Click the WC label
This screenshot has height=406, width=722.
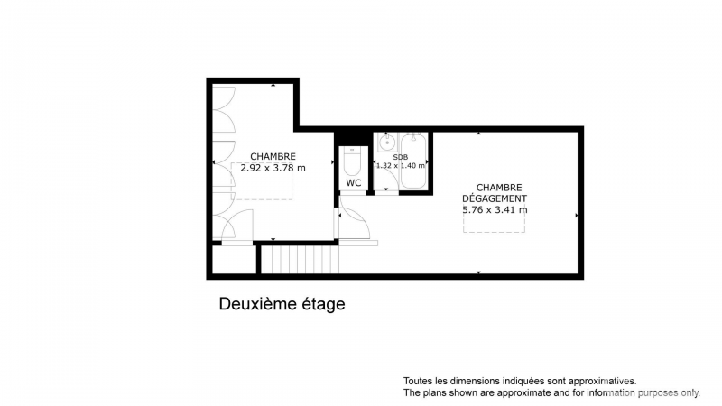click(x=353, y=183)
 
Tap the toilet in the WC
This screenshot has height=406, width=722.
click(x=352, y=161)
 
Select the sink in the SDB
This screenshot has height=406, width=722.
click(x=387, y=143)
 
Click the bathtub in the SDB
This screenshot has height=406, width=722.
click(x=413, y=161)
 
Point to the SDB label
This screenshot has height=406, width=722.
click(x=400, y=157)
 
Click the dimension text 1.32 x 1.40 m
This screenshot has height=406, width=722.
click(x=400, y=165)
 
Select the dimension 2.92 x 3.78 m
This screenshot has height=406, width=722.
click(x=273, y=168)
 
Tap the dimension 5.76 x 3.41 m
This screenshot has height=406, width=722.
click(x=495, y=210)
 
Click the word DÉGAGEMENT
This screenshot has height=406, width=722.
click(x=495, y=198)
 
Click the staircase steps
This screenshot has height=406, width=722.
click(x=301, y=259)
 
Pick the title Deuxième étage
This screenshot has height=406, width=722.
click(x=282, y=304)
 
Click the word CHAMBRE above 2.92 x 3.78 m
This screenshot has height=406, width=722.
click(x=273, y=156)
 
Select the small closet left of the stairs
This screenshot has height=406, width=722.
click(x=234, y=259)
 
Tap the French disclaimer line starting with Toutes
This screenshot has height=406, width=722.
click(x=520, y=381)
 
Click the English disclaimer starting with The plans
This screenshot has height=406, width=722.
click(x=551, y=392)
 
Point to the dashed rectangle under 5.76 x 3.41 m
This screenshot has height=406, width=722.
click(x=494, y=223)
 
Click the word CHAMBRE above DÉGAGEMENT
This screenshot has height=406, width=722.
click(x=499, y=188)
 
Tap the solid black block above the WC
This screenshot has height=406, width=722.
click(x=353, y=138)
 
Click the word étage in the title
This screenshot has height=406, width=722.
click(x=323, y=305)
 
